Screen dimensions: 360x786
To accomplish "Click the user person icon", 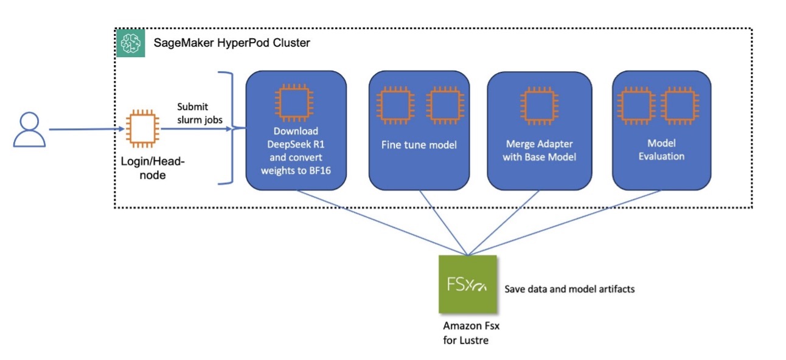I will (x=29, y=130).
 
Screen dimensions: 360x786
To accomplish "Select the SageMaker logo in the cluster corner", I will (x=130, y=43).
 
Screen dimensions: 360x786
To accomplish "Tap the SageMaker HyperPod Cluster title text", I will (x=232, y=44).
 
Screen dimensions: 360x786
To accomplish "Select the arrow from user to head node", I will (x=85, y=130).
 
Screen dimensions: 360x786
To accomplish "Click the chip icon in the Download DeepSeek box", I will (x=296, y=103).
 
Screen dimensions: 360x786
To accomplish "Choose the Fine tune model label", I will (x=419, y=146).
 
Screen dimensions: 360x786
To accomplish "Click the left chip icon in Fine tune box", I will (x=394, y=104).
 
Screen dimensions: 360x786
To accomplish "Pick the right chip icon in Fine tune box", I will (x=443, y=104).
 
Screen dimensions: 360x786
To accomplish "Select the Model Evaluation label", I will (x=661, y=150).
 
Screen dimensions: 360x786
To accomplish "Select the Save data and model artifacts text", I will (x=569, y=289).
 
